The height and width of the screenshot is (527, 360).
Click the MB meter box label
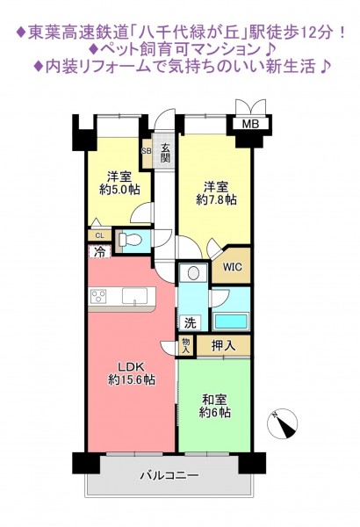click(251, 124)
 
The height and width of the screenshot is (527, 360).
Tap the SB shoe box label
click(147, 151)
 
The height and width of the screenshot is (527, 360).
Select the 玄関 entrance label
click(165, 153)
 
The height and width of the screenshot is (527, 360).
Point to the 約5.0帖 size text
click(119, 190)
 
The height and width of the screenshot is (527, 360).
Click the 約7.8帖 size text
click(216, 199)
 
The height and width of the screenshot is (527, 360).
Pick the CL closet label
click(99, 235)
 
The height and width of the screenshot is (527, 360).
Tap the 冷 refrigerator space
click(99, 251)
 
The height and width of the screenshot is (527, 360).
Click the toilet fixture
click(128, 240)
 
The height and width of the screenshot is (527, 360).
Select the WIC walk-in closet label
click(233, 267)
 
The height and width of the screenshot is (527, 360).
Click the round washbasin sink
click(193, 273)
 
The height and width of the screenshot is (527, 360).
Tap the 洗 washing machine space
click(190, 323)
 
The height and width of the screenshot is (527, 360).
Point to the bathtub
click(231, 321)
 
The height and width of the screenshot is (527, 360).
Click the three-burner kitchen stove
click(98, 296)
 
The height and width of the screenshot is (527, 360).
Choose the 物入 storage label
click(186, 346)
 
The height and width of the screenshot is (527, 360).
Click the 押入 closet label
click(223, 345)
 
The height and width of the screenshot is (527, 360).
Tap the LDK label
click(131, 365)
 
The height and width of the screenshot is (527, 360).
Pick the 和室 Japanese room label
click(214, 400)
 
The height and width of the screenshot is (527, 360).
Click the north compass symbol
click(283, 424)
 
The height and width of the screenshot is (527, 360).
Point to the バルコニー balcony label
click(169, 475)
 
